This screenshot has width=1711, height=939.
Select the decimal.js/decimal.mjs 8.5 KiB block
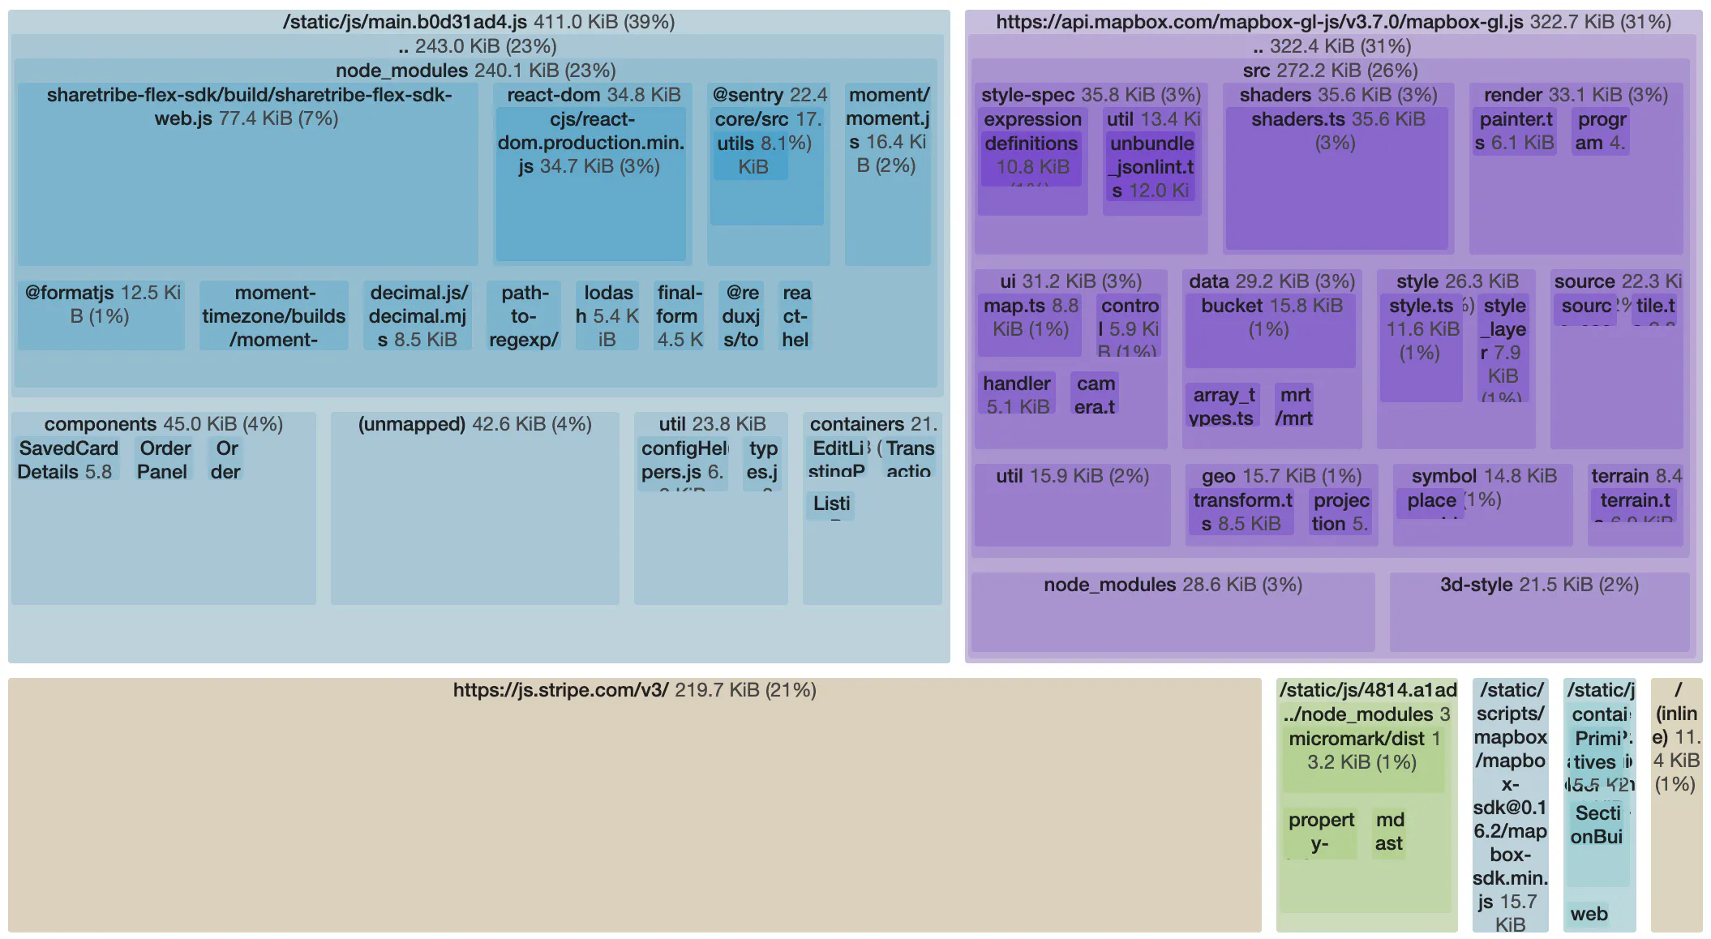click(x=418, y=316)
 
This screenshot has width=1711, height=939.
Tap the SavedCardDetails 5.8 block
click(x=67, y=460)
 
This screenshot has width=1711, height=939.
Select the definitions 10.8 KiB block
click(x=1031, y=158)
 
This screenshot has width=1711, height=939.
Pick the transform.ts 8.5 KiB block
click(x=1242, y=512)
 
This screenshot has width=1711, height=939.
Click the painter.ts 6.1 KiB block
click(x=1514, y=131)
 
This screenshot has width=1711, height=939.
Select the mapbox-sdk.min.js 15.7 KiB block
click(x=1510, y=811)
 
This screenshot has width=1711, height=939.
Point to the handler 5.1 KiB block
click(x=1016, y=394)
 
